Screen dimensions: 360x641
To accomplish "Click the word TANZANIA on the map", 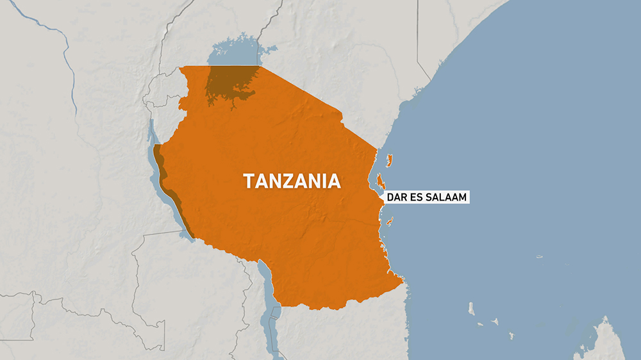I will [x=292, y=181].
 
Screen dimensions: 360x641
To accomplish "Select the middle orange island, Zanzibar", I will [x=381, y=183].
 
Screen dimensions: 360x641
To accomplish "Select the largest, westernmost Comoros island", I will [x=471, y=310].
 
